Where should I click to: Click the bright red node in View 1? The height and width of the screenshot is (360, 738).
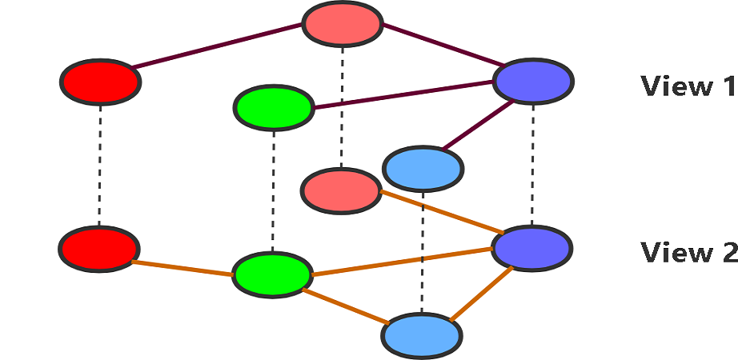point(101,81)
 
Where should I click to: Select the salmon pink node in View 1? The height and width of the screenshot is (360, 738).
point(342,24)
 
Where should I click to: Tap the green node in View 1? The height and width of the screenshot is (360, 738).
point(273,107)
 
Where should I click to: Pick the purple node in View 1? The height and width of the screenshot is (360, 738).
point(533,81)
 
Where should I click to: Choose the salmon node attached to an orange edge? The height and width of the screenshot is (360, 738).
point(341,190)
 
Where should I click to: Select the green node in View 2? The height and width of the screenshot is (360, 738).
point(272,274)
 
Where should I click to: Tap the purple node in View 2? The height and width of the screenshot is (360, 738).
point(532,248)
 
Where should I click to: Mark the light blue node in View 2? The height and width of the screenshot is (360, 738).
point(422,336)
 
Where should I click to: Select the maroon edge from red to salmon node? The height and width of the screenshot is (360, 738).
point(218,47)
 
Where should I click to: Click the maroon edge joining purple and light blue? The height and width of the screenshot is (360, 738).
point(477,126)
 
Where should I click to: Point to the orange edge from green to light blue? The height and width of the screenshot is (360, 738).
point(346,304)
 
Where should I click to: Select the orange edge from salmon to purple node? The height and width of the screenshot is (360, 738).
point(438,211)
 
